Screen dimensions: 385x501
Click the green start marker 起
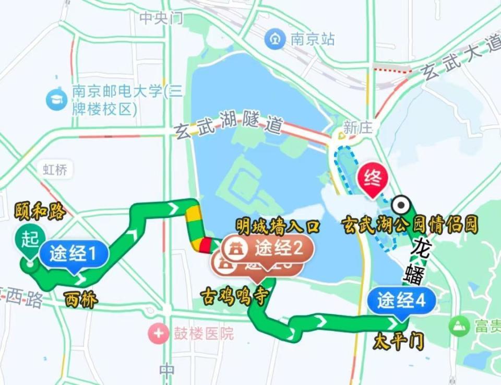tap(30, 240)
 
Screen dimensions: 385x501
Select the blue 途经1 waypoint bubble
tap(74, 255)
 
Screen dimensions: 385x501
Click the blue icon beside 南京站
tap(275, 39)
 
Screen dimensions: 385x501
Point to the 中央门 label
tap(161, 18)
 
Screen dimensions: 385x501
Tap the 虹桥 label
tap(55, 169)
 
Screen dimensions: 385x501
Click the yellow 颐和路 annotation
tap(40, 212)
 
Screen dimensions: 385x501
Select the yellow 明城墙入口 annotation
tap(277, 226)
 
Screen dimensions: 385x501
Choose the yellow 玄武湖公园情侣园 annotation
tap(410, 225)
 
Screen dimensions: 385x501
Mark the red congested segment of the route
tap(205, 244)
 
